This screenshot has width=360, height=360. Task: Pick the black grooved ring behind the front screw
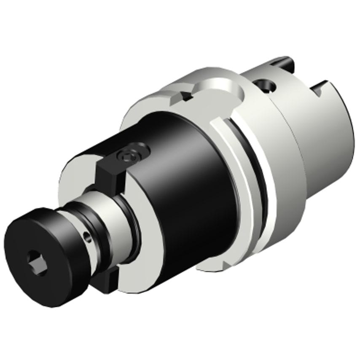(74, 219)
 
